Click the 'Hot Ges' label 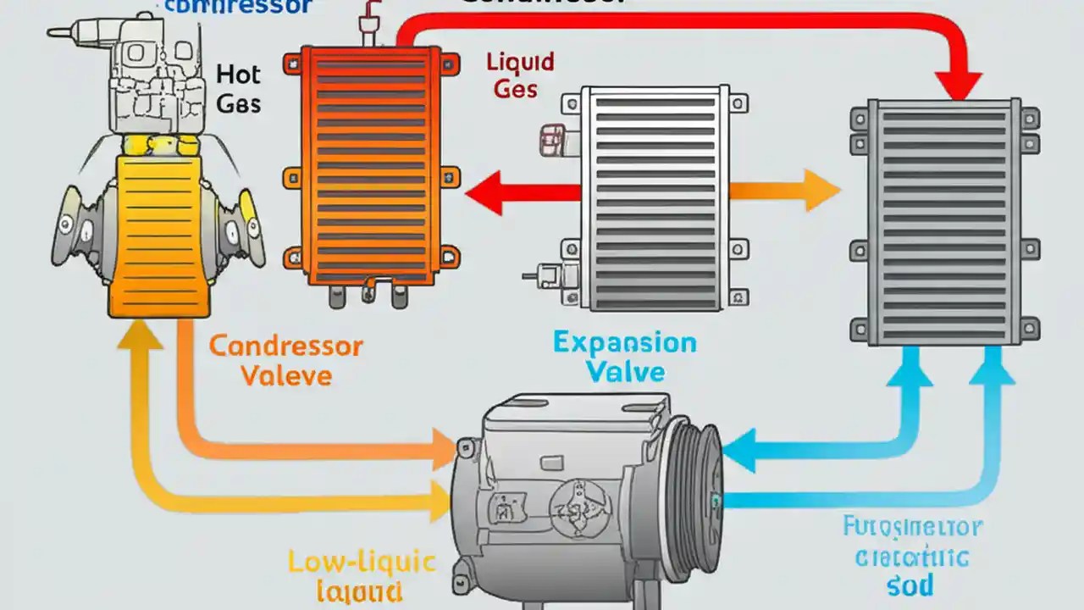(x=238, y=89)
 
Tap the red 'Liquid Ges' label (x=519, y=75)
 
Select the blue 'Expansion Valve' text (x=625, y=357)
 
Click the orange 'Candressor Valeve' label (x=285, y=360)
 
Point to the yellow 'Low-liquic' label (x=362, y=562)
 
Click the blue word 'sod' (x=911, y=585)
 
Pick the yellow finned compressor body (x=158, y=237)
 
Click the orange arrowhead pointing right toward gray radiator (x=821, y=190)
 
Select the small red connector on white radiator (x=553, y=136)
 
